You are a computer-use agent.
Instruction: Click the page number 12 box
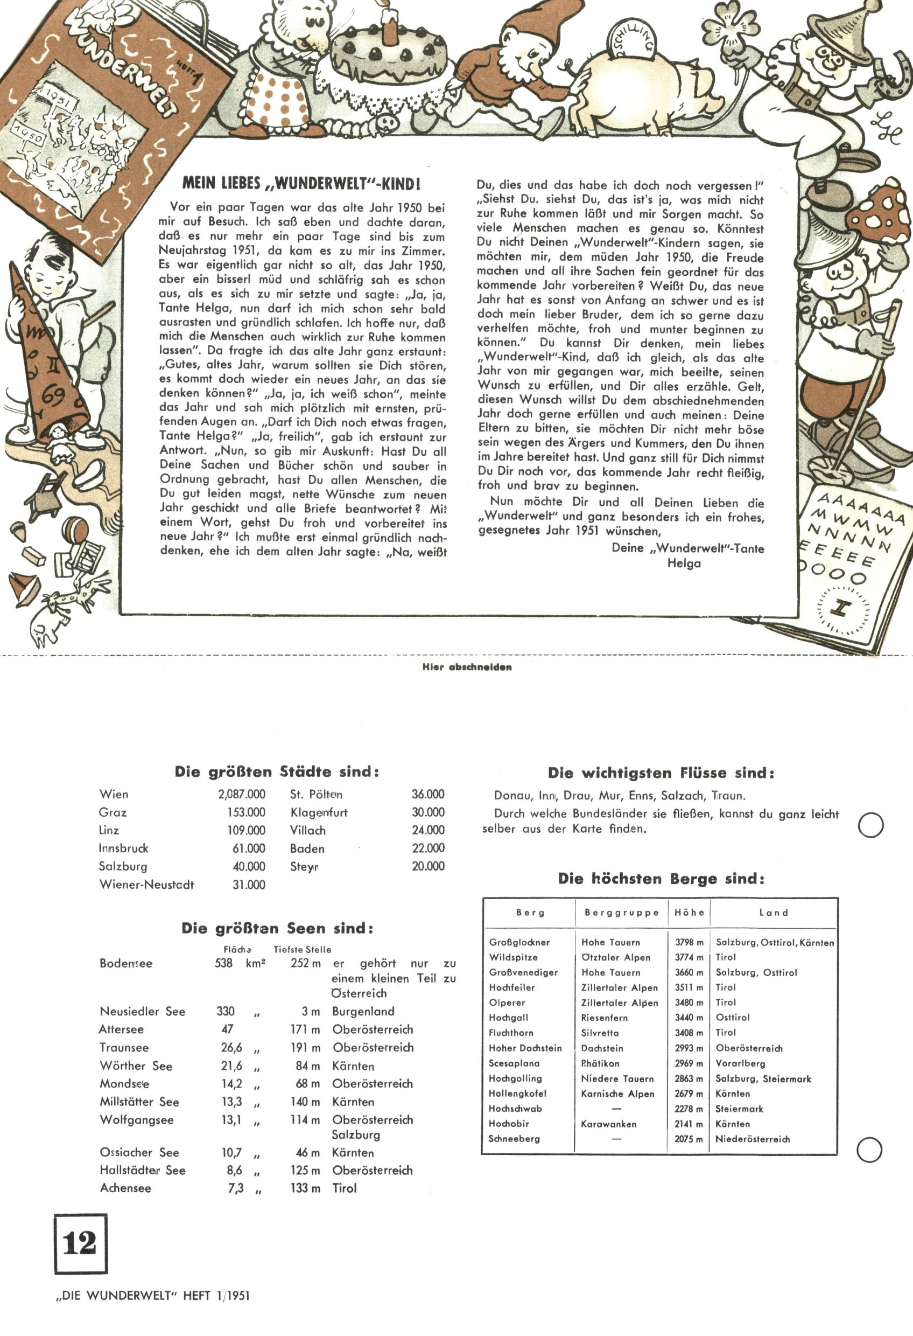[80, 1243]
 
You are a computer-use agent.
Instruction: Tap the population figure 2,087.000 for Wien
[241, 795]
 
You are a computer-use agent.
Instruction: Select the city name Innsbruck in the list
[123, 848]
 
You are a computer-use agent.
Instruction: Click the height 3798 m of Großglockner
[689, 942]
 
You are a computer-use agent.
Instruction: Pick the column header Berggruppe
[622, 913]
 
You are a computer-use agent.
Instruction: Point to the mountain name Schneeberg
[514, 1139]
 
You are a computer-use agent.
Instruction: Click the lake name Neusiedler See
[143, 1011]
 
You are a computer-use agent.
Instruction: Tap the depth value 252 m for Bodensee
[305, 963]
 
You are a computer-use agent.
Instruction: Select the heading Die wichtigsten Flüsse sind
[661, 773]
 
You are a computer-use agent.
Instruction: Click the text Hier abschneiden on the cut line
[467, 667]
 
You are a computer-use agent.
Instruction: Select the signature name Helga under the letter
[684, 563]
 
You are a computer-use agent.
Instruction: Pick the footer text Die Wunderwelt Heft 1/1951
[153, 1296]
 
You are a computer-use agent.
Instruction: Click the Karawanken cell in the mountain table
[608, 1124]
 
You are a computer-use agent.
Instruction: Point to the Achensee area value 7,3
[236, 1188]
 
